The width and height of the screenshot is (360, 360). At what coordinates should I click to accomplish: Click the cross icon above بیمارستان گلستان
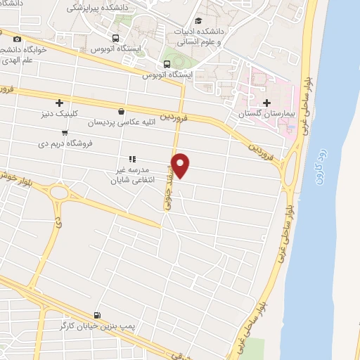click(266, 103)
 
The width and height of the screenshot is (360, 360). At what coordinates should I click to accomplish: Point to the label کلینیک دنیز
click(58, 113)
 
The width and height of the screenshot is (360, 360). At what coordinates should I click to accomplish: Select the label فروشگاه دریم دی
click(65, 143)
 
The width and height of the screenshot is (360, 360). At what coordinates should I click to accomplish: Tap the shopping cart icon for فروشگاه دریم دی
click(65, 132)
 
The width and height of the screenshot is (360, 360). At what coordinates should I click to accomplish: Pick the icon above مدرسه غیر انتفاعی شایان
click(131, 160)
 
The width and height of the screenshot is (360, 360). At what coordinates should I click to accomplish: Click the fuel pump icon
click(96, 315)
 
